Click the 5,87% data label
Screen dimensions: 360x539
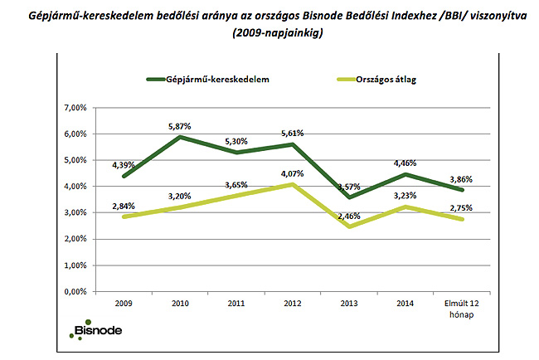tap(180, 126)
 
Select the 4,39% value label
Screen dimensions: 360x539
tap(124, 164)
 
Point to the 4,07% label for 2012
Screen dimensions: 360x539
tap(292, 174)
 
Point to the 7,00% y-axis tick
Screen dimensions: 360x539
tap(75, 108)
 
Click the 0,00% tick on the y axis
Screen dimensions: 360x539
tap(75, 292)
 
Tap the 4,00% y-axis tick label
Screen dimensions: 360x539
tap(75, 187)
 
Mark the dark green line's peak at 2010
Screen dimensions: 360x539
tap(180, 137)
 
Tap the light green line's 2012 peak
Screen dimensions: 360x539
tap(292, 184)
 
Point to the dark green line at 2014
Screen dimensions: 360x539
tap(404, 174)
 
